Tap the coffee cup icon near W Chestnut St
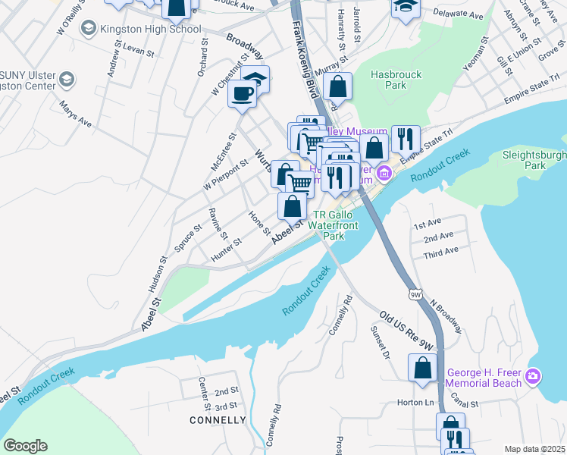click(242, 94)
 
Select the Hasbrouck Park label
click(389, 80)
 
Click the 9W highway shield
click(414, 293)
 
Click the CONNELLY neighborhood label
click(218, 420)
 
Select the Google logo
click(25, 445)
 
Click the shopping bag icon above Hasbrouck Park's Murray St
click(338, 86)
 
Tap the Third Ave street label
click(440, 251)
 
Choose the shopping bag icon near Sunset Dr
click(422, 368)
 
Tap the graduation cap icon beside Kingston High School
click(88, 29)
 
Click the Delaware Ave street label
click(457, 15)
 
